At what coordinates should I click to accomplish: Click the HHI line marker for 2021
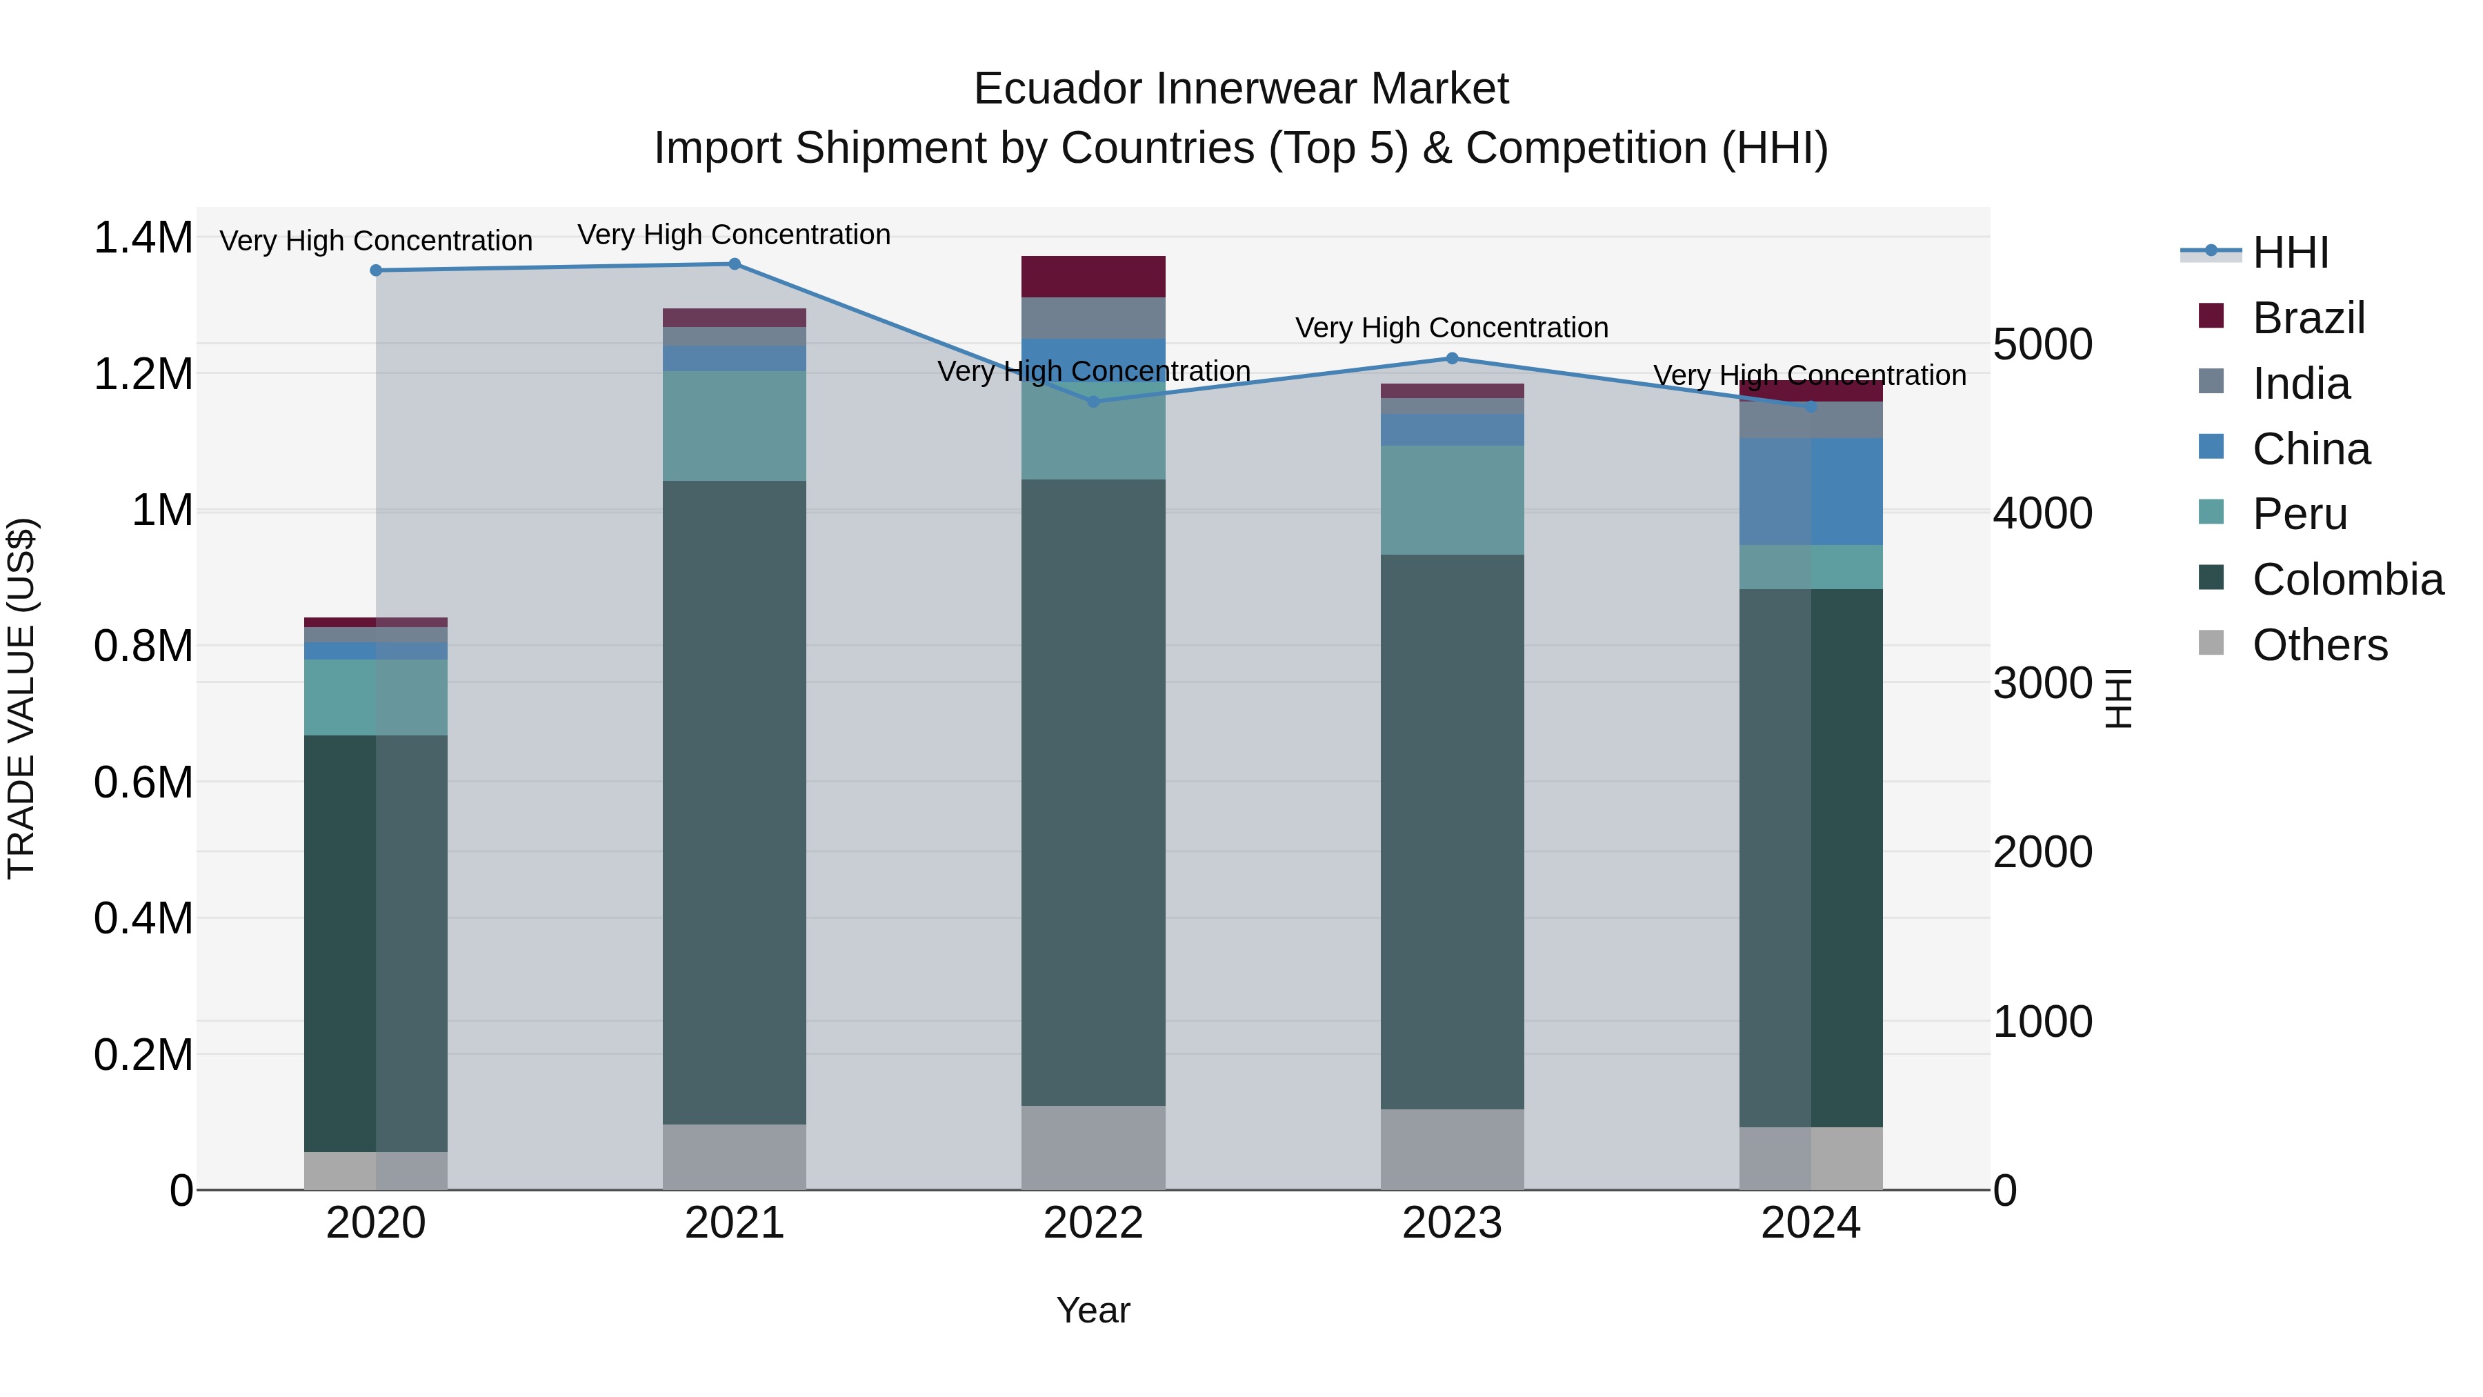coord(735,264)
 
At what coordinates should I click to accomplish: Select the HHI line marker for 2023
coord(1452,359)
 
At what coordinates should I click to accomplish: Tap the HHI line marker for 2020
coord(376,271)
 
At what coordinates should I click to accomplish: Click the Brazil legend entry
coord(2308,318)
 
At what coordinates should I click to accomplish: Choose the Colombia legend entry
coord(2346,579)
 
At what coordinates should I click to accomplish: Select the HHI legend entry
coord(2289,252)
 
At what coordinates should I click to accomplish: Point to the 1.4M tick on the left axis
coord(143,238)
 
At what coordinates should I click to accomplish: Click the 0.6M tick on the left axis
coord(143,782)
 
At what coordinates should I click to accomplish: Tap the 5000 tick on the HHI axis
coord(2042,344)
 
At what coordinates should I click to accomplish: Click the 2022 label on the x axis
coord(1093,1222)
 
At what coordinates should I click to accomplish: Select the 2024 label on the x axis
coord(1811,1222)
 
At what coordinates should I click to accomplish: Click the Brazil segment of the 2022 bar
coord(1093,277)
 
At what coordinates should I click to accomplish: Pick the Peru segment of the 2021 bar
coord(735,426)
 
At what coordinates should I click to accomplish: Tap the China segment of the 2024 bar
coord(1811,492)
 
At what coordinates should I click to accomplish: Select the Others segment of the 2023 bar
coord(1452,1149)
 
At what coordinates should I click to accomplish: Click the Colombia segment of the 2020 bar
coord(376,943)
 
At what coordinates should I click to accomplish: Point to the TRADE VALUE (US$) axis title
coord(21,698)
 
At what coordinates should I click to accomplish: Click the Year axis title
coord(1093,1310)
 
